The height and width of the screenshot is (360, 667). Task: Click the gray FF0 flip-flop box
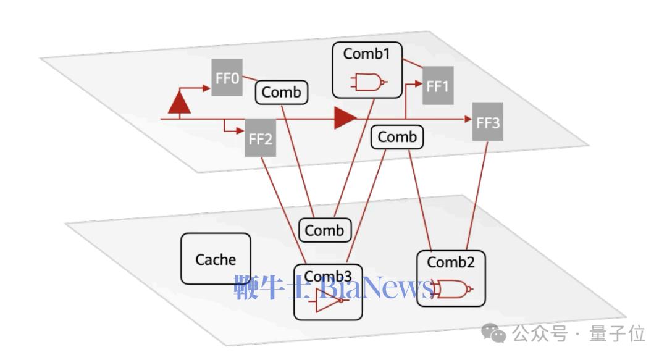pos(227,77)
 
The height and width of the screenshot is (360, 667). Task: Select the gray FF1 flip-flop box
pos(438,86)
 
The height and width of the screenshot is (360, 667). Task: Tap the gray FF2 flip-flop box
pos(261,138)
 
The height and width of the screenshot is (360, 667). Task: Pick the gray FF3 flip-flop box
pos(487,122)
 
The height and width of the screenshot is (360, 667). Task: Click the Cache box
pos(216,259)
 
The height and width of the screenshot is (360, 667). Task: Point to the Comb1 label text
pos(366,54)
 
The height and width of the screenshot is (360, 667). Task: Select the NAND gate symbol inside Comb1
pos(369,82)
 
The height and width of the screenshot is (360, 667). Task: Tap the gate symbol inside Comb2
pos(452,289)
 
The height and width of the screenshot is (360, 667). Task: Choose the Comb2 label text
pos(450,262)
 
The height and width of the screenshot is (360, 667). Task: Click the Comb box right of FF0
pos(281,93)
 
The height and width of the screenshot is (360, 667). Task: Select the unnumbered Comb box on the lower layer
pos(325,230)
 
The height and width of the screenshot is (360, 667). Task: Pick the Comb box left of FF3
pos(397,137)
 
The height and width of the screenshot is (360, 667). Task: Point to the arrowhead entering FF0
pos(207,88)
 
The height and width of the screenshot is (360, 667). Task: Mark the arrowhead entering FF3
pos(468,119)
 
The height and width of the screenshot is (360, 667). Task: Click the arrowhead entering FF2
pos(240,131)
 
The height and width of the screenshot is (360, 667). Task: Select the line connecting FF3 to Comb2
pos(477,196)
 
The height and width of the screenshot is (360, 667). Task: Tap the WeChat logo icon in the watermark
pos(493,333)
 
